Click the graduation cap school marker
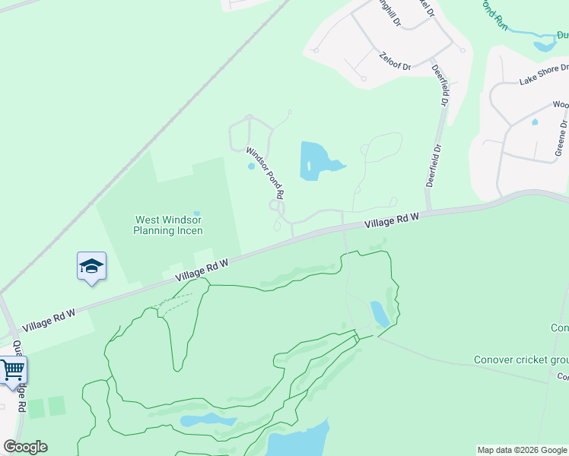point(91,267)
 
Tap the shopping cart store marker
point(13,371)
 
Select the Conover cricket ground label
point(522,359)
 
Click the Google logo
point(25,447)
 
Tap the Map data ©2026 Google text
point(522,450)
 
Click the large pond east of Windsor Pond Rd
point(316,161)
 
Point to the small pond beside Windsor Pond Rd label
point(250,166)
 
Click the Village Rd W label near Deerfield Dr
point(392,221)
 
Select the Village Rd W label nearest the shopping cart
point(49,320)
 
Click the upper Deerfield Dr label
point(439,84)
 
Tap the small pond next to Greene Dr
point(535,122)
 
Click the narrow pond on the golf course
point(379,314)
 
